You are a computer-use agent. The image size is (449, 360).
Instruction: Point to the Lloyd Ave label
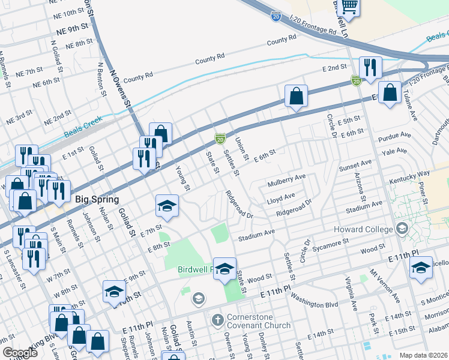pyautogui.click(x=282, y=196)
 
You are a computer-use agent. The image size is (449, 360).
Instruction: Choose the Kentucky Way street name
pyautogui.click(x=411, y=176)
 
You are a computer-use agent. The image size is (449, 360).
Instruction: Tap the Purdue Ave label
pyautogui.click(x=396, y=139)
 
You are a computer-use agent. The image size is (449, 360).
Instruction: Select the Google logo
pyautogui.click(x=20, y=353)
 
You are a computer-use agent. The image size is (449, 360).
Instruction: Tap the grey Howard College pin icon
pyautogui.click(x=402, y=229)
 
